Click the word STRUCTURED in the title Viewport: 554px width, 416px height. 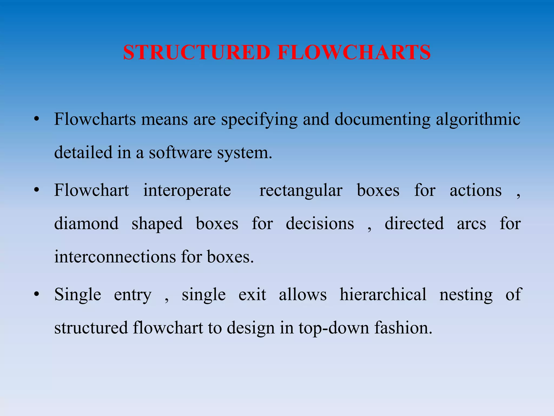(197, 52)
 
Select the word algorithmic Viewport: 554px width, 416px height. (478, 119)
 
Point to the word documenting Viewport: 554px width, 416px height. (382, 119)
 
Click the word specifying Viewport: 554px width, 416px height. (259, 119)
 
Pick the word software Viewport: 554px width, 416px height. (180, 152)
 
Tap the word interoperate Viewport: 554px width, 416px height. (187, 190)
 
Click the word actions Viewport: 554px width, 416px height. (476, 190)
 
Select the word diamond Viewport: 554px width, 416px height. (86, 223)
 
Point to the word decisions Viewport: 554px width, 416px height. (320, 223)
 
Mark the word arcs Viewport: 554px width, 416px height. (471, 224)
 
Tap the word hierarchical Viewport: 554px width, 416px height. (383, 294)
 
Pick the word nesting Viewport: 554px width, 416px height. (466, 295)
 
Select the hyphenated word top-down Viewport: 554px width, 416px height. (334, 328)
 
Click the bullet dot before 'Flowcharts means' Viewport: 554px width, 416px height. (37, 119)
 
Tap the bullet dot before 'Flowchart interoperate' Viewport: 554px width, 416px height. (37, 190)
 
